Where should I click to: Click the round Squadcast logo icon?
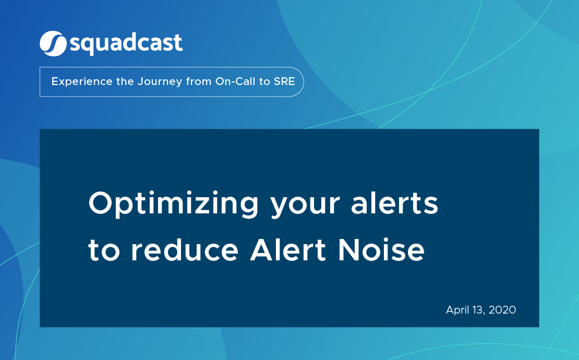(x=53, y=43)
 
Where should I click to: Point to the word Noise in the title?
(x=381, y=250)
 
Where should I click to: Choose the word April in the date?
(x=457, y=310)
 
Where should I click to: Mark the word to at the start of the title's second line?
(x=105, y=251)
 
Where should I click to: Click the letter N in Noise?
(x=349, y=250)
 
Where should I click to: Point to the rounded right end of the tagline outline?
(x=301, y=82)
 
